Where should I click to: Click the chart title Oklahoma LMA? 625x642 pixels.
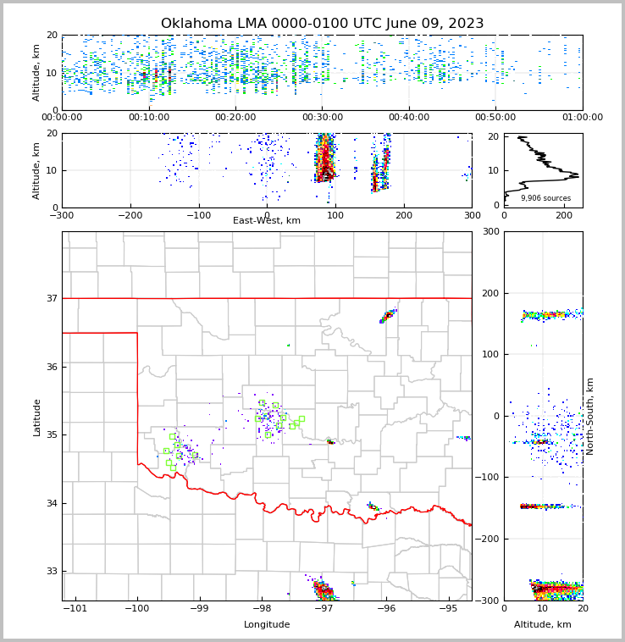(322, 24)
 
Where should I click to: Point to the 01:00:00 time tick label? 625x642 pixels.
(582, 118)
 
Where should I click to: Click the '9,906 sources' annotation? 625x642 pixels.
(545, 198)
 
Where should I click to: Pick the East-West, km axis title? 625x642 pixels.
(267, 221)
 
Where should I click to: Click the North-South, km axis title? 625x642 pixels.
(590, 416)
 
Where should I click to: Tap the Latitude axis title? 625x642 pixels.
(37, 417)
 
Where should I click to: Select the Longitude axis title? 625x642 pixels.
(267, 625)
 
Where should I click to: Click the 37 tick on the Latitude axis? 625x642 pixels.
(51, 298)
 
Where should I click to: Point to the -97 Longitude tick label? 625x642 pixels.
(323, 609)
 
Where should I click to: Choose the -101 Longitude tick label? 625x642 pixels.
(75, 609)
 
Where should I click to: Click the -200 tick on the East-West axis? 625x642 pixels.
(130, 215)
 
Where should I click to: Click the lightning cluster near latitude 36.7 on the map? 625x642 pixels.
(388, 316)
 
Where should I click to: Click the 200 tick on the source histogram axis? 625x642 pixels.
(564, 215)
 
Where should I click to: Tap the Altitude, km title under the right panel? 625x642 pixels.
(543, 625)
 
